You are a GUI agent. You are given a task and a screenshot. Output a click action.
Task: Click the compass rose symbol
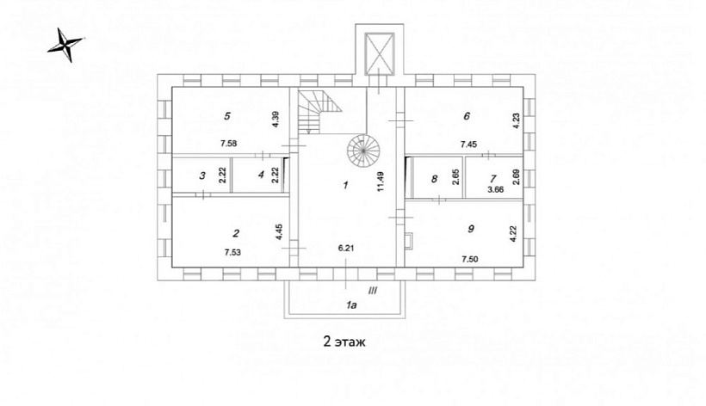click(x=65, y=44)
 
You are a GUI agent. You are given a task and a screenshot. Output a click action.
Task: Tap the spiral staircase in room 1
click(x=363, y=151)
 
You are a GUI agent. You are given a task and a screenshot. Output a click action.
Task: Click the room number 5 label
click(x=227, y=116)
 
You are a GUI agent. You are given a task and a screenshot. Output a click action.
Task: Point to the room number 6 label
click(x=467, y=116)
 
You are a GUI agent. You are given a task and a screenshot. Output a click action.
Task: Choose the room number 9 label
click(x=471, y=229)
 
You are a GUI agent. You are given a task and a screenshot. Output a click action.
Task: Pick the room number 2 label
click(x=236, y=233)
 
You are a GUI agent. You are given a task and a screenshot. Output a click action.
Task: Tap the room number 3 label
click(x=202, y=175)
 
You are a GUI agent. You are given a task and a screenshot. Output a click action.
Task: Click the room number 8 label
click(x=434, y=179)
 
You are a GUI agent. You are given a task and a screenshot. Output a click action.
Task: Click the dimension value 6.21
click(x=346, y=248)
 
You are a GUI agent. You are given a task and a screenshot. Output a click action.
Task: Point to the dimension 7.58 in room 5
click(x=229, y=144)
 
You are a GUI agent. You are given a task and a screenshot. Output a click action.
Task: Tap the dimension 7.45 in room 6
click(x=468, y=145)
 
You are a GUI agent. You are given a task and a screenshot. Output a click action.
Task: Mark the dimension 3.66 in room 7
click(x=495, y=189)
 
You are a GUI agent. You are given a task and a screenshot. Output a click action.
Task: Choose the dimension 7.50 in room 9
click(x=470, y=260)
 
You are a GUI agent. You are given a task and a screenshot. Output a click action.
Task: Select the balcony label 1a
click(x=351, y=305)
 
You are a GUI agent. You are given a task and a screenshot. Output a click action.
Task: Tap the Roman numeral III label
click(x=372, y=291)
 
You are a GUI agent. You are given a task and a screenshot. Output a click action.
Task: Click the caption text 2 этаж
click(x=345, y=341)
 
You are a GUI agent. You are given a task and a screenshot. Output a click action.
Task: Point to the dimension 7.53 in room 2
click(x=232, y=252)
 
